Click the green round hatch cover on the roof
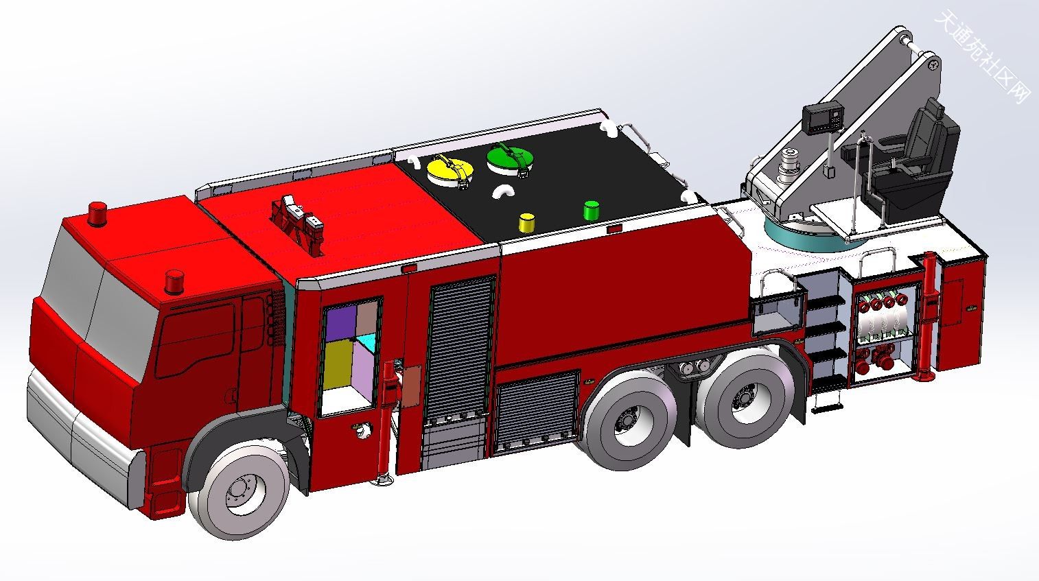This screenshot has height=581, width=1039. coord(509,158)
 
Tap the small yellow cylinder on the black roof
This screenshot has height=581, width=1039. coord(527,222)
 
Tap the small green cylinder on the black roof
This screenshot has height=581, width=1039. coord(591,211)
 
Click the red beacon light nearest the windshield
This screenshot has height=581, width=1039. coord(174,281)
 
